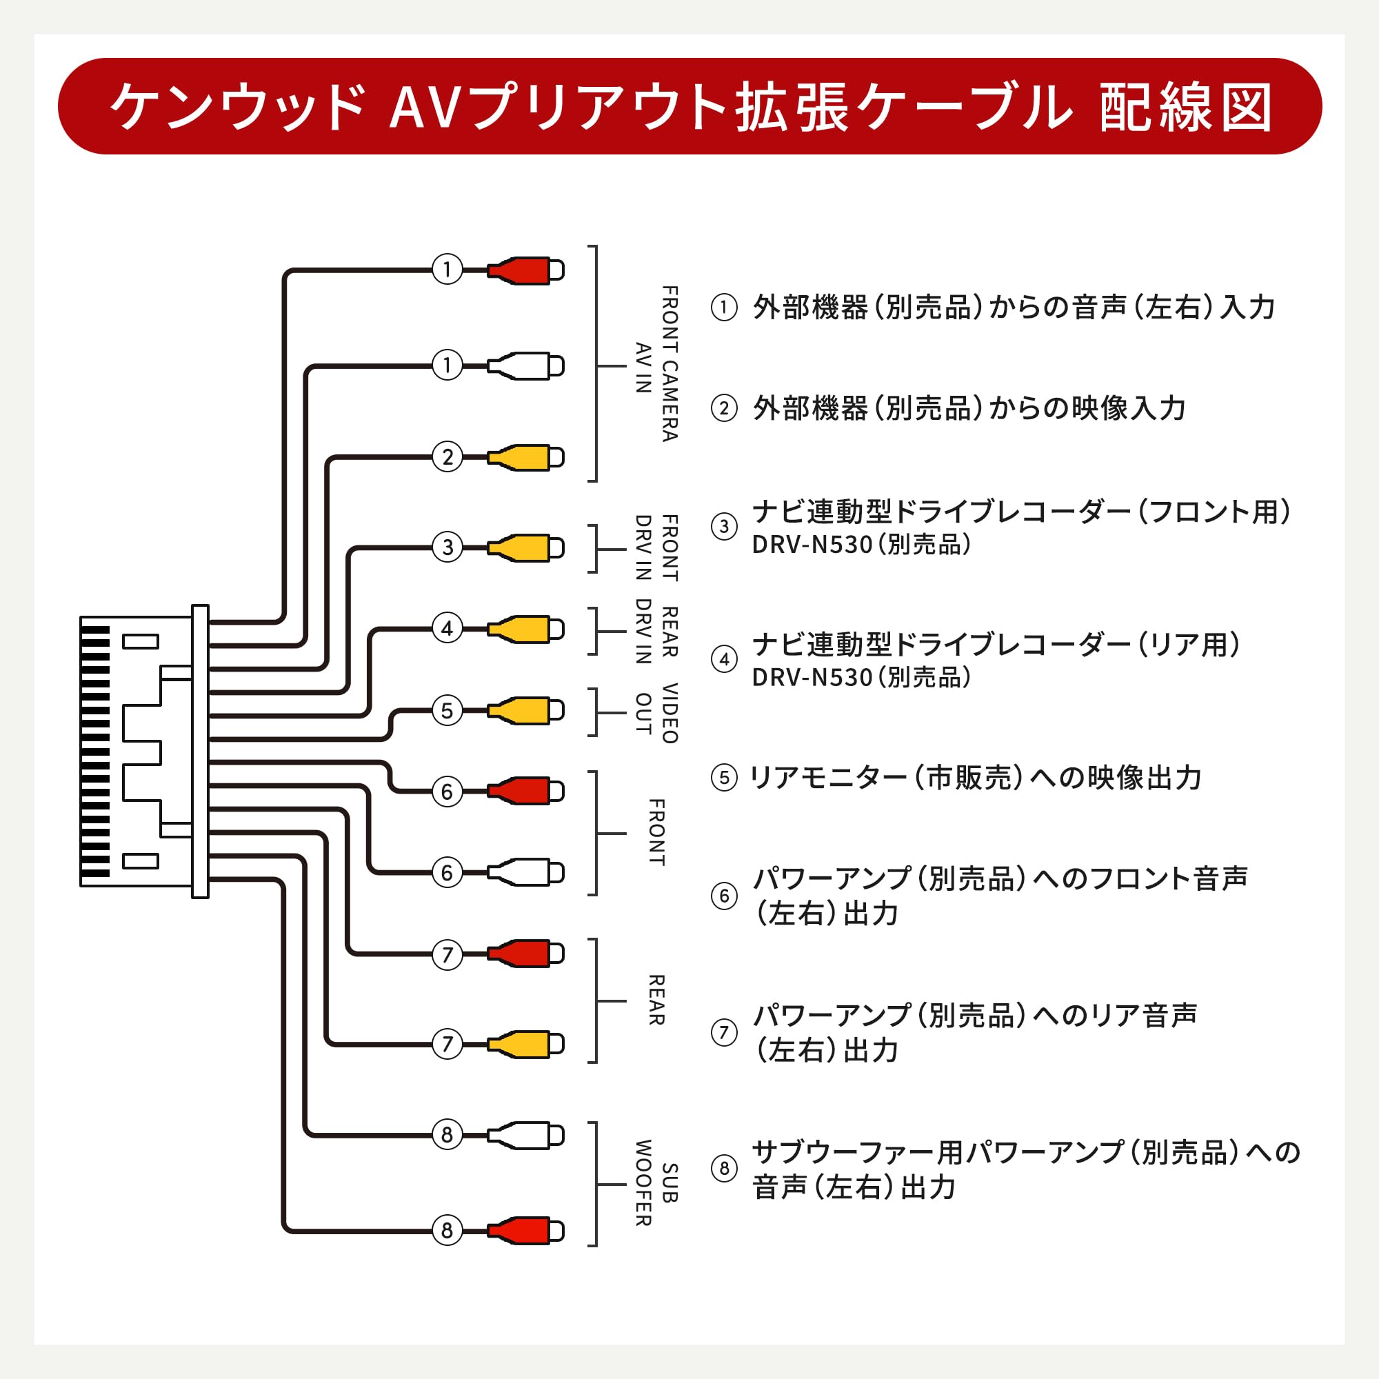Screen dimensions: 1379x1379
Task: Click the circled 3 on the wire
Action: click(x=447, y=547)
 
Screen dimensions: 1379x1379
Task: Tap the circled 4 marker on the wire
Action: click(x=447, y=628)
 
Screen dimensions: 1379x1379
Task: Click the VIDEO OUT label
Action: click(x=656, y=713)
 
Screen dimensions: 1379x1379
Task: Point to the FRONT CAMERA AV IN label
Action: click(x=656, y=365)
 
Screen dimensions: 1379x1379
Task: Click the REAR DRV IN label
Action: click(x=656, y=632)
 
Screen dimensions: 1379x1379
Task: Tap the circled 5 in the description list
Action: click(x=724, y=777)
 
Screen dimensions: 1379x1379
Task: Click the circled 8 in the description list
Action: click(x=724, y=1169)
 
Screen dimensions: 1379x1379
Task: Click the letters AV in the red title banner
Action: click(x=422, y=108)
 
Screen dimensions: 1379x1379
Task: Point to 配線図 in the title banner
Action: click(x=1185, y=108)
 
